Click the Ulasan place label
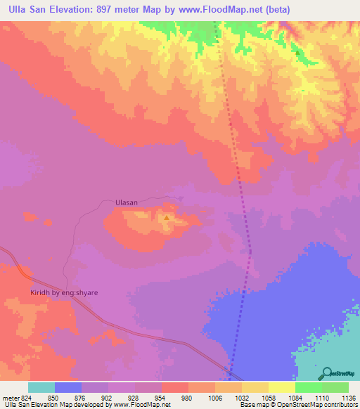click(126, 202)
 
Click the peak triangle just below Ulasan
click(166, 218)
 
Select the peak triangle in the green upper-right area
click(297, 52)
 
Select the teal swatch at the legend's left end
click(41, 387)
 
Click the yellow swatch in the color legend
click(281, 387)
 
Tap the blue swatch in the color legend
click(67, 387)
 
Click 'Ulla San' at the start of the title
click(27, 9)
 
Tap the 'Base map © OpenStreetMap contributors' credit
click(299, 405)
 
